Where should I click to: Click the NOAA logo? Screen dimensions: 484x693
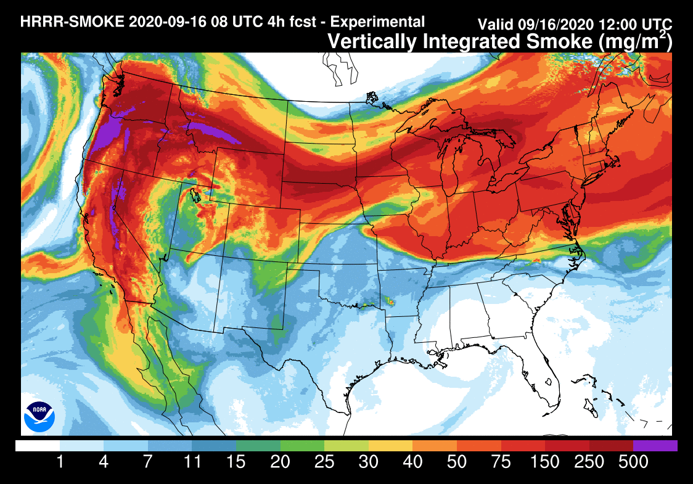pyautogui.click(x=39, y=416)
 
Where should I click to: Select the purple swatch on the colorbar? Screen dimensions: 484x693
pyautogui.click(x=655, y=445)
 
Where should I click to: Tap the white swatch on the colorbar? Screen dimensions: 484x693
pyautogui.click(x=38, y=445)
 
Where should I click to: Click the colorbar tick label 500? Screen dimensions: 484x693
pyautogui.click(x=633, y=462)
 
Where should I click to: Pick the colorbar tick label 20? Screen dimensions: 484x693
pyautogui.click(x=280, y=462)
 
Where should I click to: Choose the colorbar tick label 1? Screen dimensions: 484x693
pyautogui.click(x=60, y=462)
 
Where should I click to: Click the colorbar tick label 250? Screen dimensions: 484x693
pyautogui.click(x=589, y=462)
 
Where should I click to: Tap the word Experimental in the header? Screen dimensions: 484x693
pyautogui.click(x=377, y=22)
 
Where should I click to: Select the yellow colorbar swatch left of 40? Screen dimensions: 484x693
pyautogui.click(x=390, y=445)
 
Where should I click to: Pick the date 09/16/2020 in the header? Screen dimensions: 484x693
pyautogui.click(x=555, y=25)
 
